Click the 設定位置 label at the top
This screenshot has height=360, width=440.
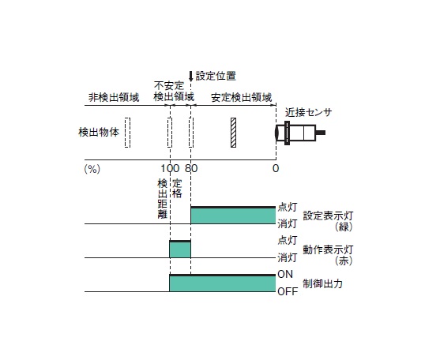(216, 76)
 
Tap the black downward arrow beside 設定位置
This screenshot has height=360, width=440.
(191, 77)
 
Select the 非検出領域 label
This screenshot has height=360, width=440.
(114, 98)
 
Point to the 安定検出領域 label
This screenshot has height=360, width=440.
(241, 98)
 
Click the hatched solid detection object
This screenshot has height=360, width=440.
(233, 133)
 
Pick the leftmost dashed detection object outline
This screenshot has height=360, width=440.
(127, 133)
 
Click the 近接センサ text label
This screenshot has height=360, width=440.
(308, 112)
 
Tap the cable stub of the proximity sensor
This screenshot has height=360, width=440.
(321, 133)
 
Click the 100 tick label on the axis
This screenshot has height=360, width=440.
(170, 168)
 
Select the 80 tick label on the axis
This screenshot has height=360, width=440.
(191, 168)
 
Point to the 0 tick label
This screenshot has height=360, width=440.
(276, 168)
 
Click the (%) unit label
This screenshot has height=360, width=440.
(92, 169)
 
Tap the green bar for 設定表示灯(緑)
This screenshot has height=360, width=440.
(233, 216)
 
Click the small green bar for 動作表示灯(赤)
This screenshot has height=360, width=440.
(180, 249)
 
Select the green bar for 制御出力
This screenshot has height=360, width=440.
(223, 283)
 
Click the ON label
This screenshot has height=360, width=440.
(285, 274)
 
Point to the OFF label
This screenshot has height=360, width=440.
(288, 292)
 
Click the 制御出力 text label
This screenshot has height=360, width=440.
(323, 283)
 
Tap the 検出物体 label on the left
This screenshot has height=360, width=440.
(99, 132)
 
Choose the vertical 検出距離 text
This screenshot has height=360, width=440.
(163, 199)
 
